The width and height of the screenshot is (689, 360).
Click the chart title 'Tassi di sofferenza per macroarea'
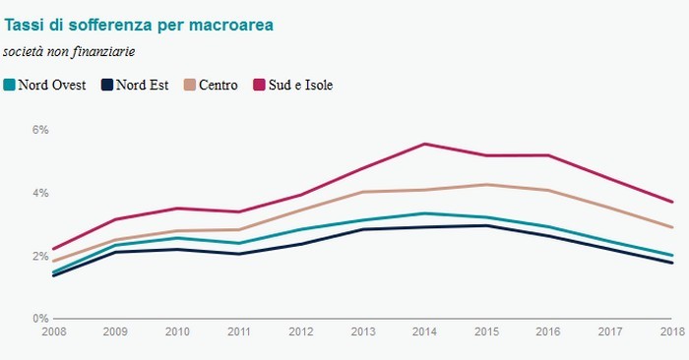point(139,23)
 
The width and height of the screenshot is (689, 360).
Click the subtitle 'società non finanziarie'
point(69,50)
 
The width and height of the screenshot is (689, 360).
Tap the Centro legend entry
point(211,85)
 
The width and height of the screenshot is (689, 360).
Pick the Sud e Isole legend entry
point(294,85)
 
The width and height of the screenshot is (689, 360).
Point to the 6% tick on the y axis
point(40,130)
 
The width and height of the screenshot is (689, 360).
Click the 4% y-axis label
point(40,193)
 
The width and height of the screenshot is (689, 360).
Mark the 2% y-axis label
point(40,256)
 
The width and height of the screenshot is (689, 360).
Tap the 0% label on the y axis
point(40,319)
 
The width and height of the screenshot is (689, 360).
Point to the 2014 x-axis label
point(424,331)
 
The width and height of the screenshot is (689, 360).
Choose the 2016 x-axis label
point(547,331)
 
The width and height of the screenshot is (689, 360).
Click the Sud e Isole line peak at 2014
point(424,144)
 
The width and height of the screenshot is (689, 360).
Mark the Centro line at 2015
point(486,184)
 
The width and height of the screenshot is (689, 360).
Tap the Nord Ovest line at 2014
point(424,213)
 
